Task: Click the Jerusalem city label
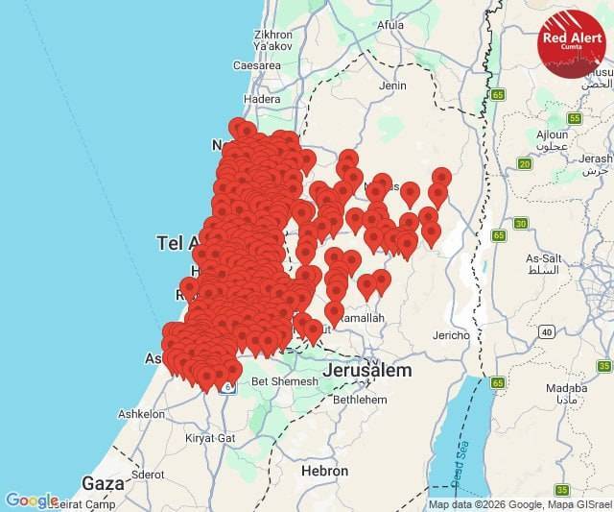(x=367, y=371)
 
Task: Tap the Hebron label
(x=324, y=471)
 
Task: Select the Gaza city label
(x=103, y=483)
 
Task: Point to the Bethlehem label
(x=359, y=398)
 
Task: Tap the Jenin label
(x=393, y=85)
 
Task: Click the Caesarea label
(x=256, y=65)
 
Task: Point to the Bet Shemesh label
(x=284, y=381)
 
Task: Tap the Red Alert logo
(x=572, y=43)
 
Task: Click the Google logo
(x=32, y=500)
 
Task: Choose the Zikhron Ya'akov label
(x=272, y=39)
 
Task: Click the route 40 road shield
(x=546, y=331)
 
